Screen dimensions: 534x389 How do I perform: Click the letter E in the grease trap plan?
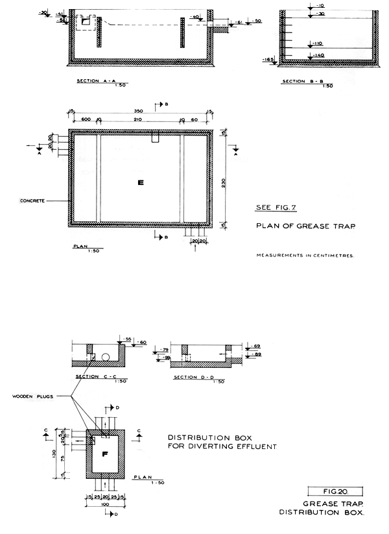pyautogui.click(x=139, y=184)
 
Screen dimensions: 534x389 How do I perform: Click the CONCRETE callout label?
pyautogui.click(x=32, y=201)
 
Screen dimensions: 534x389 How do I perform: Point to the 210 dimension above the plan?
pyautogui.click(x=137, y=120)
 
